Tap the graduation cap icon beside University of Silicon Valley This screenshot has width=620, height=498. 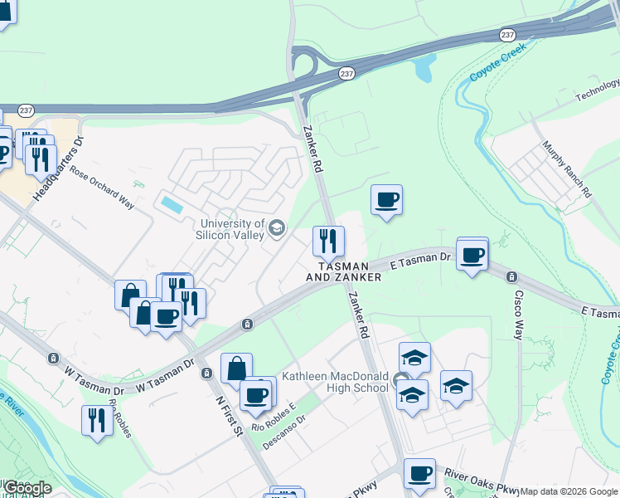277,227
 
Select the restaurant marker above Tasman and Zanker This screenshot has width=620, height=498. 328,242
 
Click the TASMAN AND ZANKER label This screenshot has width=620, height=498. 344,271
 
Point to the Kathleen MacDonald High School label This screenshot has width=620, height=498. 335,381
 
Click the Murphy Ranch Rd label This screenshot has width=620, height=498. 567,168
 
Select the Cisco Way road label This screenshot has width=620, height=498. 518,315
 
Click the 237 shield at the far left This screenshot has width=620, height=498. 26,110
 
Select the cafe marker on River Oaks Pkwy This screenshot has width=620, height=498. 419,474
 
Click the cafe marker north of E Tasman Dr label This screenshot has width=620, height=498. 386,200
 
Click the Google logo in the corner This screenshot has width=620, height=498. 27,488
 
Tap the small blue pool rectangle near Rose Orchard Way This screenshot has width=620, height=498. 172,203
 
